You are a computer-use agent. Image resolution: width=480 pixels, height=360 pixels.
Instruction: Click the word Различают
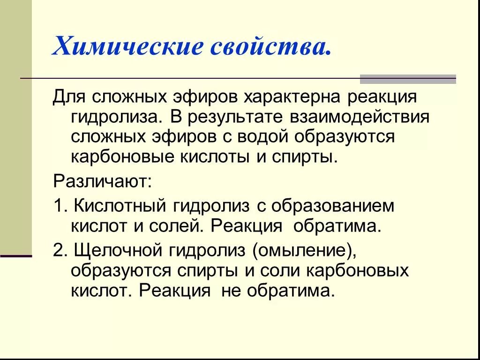point(102,181)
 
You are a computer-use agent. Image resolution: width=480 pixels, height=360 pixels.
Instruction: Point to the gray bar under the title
point(407,79)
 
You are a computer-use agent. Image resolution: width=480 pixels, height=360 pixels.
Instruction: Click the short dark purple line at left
point(16,256)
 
